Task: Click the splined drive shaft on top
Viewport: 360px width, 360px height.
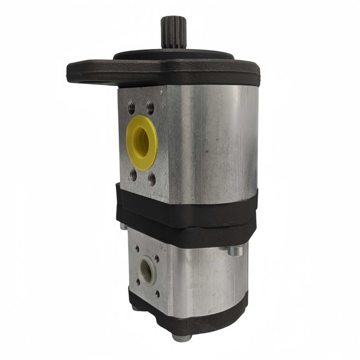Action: (170, 32)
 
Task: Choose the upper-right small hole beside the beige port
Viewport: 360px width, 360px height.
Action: (157, 257)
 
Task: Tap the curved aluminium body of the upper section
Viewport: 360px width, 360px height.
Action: (212, 143)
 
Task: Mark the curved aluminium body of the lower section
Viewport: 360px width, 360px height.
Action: (207, 276)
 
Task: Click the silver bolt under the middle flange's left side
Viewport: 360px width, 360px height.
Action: (123, 227)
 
